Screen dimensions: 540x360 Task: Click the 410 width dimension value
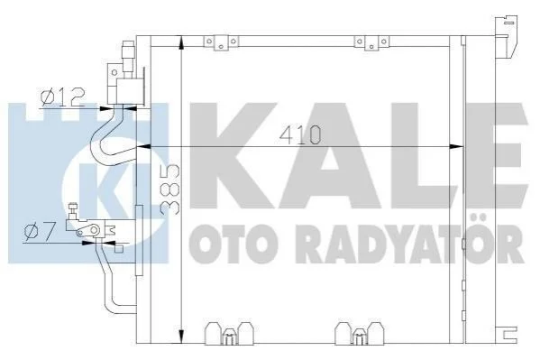[300, 135]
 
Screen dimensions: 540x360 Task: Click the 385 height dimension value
[170, 189]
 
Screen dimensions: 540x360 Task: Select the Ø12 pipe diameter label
[63, 97]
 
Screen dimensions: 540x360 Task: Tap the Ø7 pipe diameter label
[40, 231]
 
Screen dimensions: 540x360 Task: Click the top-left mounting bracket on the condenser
[222, 42]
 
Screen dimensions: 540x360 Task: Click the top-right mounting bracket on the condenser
[371, 42]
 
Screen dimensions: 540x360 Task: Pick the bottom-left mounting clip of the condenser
[229, 334]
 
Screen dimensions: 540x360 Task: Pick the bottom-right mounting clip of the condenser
[360, 334]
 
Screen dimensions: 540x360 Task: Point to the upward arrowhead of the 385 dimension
[181, 43]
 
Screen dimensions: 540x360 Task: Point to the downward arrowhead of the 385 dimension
[181, 337]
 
